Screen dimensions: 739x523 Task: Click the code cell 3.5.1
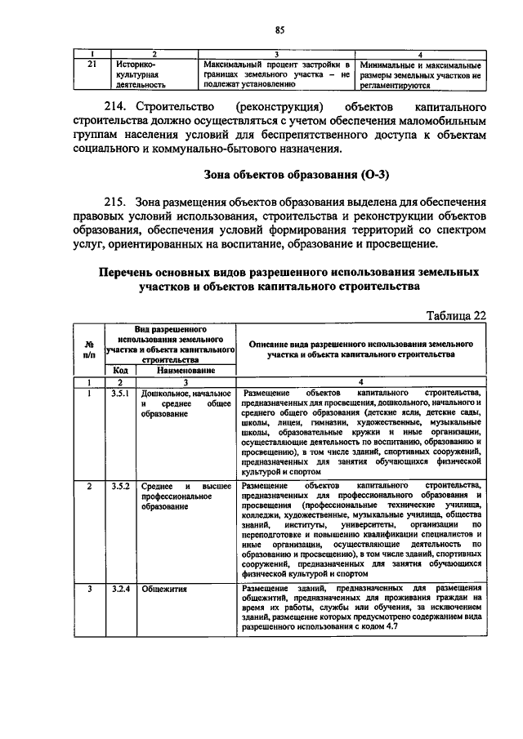click(x=119, y=394)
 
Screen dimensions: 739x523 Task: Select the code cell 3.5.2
click(x=119, y=486)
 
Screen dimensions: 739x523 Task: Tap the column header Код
click(x=119, y=370)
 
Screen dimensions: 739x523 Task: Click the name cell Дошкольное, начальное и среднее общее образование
click(x=185, y=404)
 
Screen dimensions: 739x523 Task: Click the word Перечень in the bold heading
click(x=134, y=271)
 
